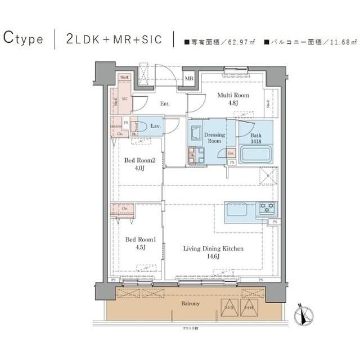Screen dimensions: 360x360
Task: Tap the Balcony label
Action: click(x=190, y=304)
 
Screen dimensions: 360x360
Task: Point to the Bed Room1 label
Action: click(x=136, y=243)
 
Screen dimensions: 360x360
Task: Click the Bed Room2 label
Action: click(x=136, y=164)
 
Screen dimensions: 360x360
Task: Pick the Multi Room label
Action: click(x=232, y=99)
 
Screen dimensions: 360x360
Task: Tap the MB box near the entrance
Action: click(x=189, y=79)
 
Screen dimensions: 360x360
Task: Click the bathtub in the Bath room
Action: click(x=256, y=154)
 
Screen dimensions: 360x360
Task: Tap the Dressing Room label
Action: click(x=214, y=138)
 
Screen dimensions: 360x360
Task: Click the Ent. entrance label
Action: click(x=165, y=103)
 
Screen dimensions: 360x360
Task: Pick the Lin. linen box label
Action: click(x=231, y=153)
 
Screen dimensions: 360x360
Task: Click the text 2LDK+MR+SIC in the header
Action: click(x=114, y=39)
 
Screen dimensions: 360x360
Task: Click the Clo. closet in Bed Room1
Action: click(x=123, y=208)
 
